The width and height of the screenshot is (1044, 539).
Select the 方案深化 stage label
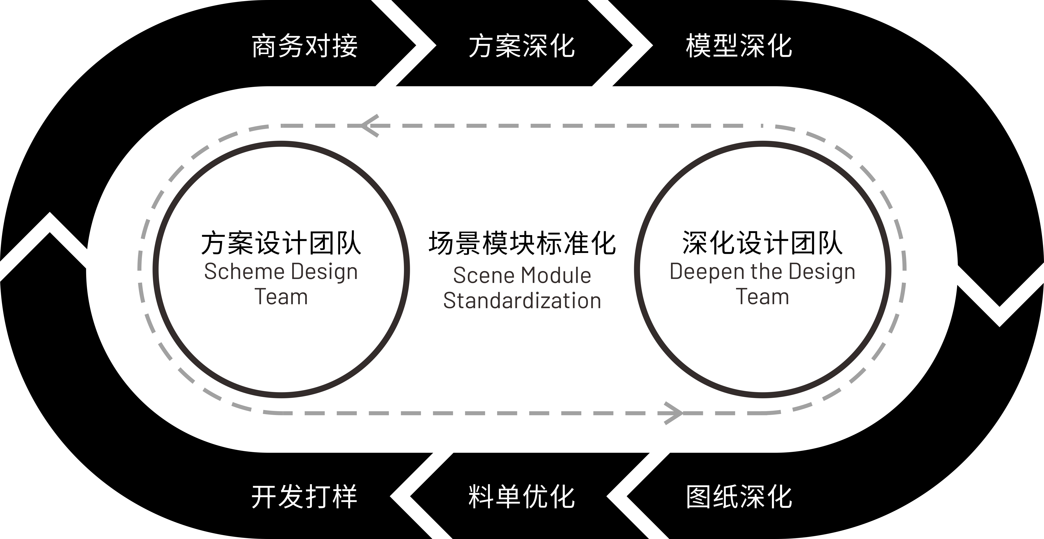pos(522,46)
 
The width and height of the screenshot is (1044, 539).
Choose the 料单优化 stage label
pos(522,496)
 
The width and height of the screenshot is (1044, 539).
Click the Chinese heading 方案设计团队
pos(281,243)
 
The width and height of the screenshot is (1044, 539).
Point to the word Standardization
pos(522,301)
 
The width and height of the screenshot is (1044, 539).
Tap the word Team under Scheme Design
pos(281,297)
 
